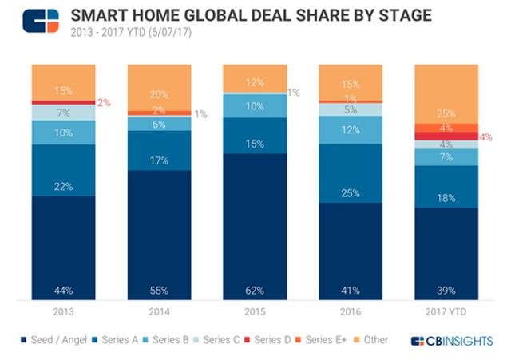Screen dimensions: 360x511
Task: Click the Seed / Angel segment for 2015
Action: point(255,227)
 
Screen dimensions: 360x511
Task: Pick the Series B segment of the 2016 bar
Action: point(351,130)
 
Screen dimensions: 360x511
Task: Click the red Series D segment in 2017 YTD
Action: point(446,136)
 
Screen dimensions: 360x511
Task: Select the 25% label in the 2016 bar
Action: point(351,192)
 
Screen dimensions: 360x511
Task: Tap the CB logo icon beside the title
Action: point(40,22)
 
